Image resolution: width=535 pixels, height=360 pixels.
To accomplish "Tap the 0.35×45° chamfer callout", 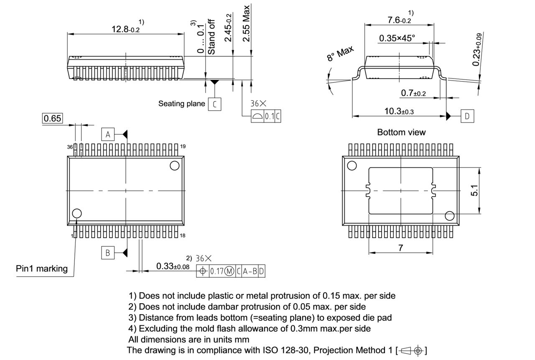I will point(397,38).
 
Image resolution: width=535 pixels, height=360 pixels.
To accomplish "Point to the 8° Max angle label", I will point(340,54).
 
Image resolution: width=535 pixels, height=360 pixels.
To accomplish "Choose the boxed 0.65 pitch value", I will point(53,119).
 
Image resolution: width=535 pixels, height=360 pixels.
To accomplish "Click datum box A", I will point(108,134).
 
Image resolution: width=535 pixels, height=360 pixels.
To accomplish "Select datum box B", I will point(108,253).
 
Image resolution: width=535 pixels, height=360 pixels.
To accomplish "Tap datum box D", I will point(467,116).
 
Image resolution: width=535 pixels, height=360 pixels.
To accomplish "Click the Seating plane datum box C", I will point(214,104).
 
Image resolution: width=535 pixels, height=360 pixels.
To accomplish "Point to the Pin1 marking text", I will point(42,269).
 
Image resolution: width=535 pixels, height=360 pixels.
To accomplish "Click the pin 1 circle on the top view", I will point(77,214).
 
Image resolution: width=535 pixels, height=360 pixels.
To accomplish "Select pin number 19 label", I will point(183,147).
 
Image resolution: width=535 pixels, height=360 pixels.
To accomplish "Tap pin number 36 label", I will point(70,147).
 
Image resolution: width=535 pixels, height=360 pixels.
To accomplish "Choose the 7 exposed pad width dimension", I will point(400,248).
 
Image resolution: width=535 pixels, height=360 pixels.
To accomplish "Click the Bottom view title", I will point(401,132).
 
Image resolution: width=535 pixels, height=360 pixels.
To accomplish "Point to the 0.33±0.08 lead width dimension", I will point(173,266).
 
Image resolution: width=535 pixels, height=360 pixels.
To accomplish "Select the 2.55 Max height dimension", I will point(247,23).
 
